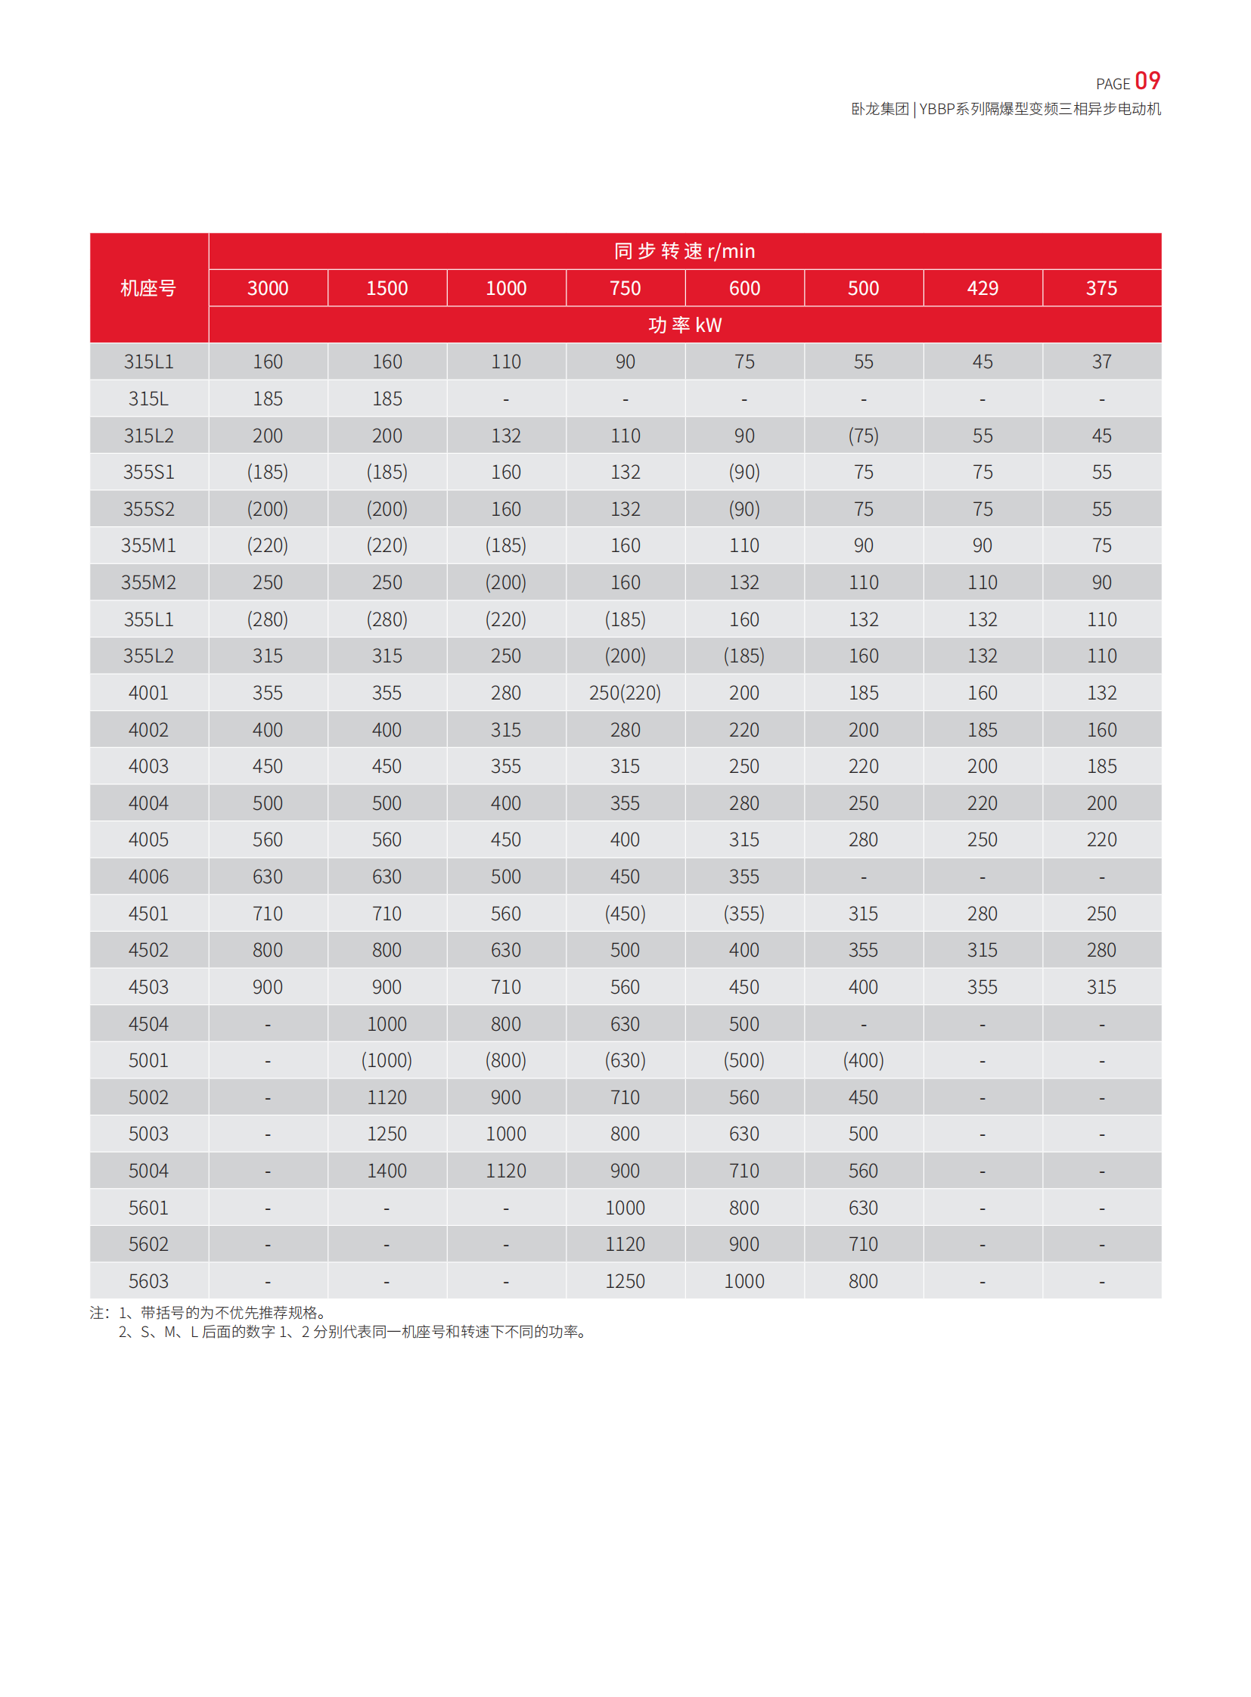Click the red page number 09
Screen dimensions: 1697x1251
click(x=1147, y=81)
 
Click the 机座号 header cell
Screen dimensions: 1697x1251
click(x=148, y=288)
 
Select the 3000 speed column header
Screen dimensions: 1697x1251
click(x=267, y=288)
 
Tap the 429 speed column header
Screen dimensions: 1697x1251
click(x=982, y=288)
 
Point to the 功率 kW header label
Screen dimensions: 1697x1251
click(x=684, y=325)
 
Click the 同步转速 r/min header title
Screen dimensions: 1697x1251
click(x=684, y=250)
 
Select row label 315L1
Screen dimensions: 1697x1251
click(x=148, y=362)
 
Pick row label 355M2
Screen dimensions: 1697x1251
click(x=148, y=582)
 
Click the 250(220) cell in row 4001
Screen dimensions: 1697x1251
click(x=625, y=693)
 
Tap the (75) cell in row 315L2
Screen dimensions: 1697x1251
click(x=863, y=436)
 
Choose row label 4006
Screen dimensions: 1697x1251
click(x=148, y=877)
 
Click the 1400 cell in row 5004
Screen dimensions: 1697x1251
click(x=386, y=1171)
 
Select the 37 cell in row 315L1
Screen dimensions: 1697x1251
click(x=1101, y=362)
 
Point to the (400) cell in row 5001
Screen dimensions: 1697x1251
click(x=863, y=1060)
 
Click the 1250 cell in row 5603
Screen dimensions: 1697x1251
click(x=625, y=1281)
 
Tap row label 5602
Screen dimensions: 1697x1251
click(x=148, y=1244)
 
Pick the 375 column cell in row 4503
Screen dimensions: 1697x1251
click(x=1101, y=987)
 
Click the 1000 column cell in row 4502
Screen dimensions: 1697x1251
click(x=506, y=951)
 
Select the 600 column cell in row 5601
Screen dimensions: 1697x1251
click(x=743, y=1208)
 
